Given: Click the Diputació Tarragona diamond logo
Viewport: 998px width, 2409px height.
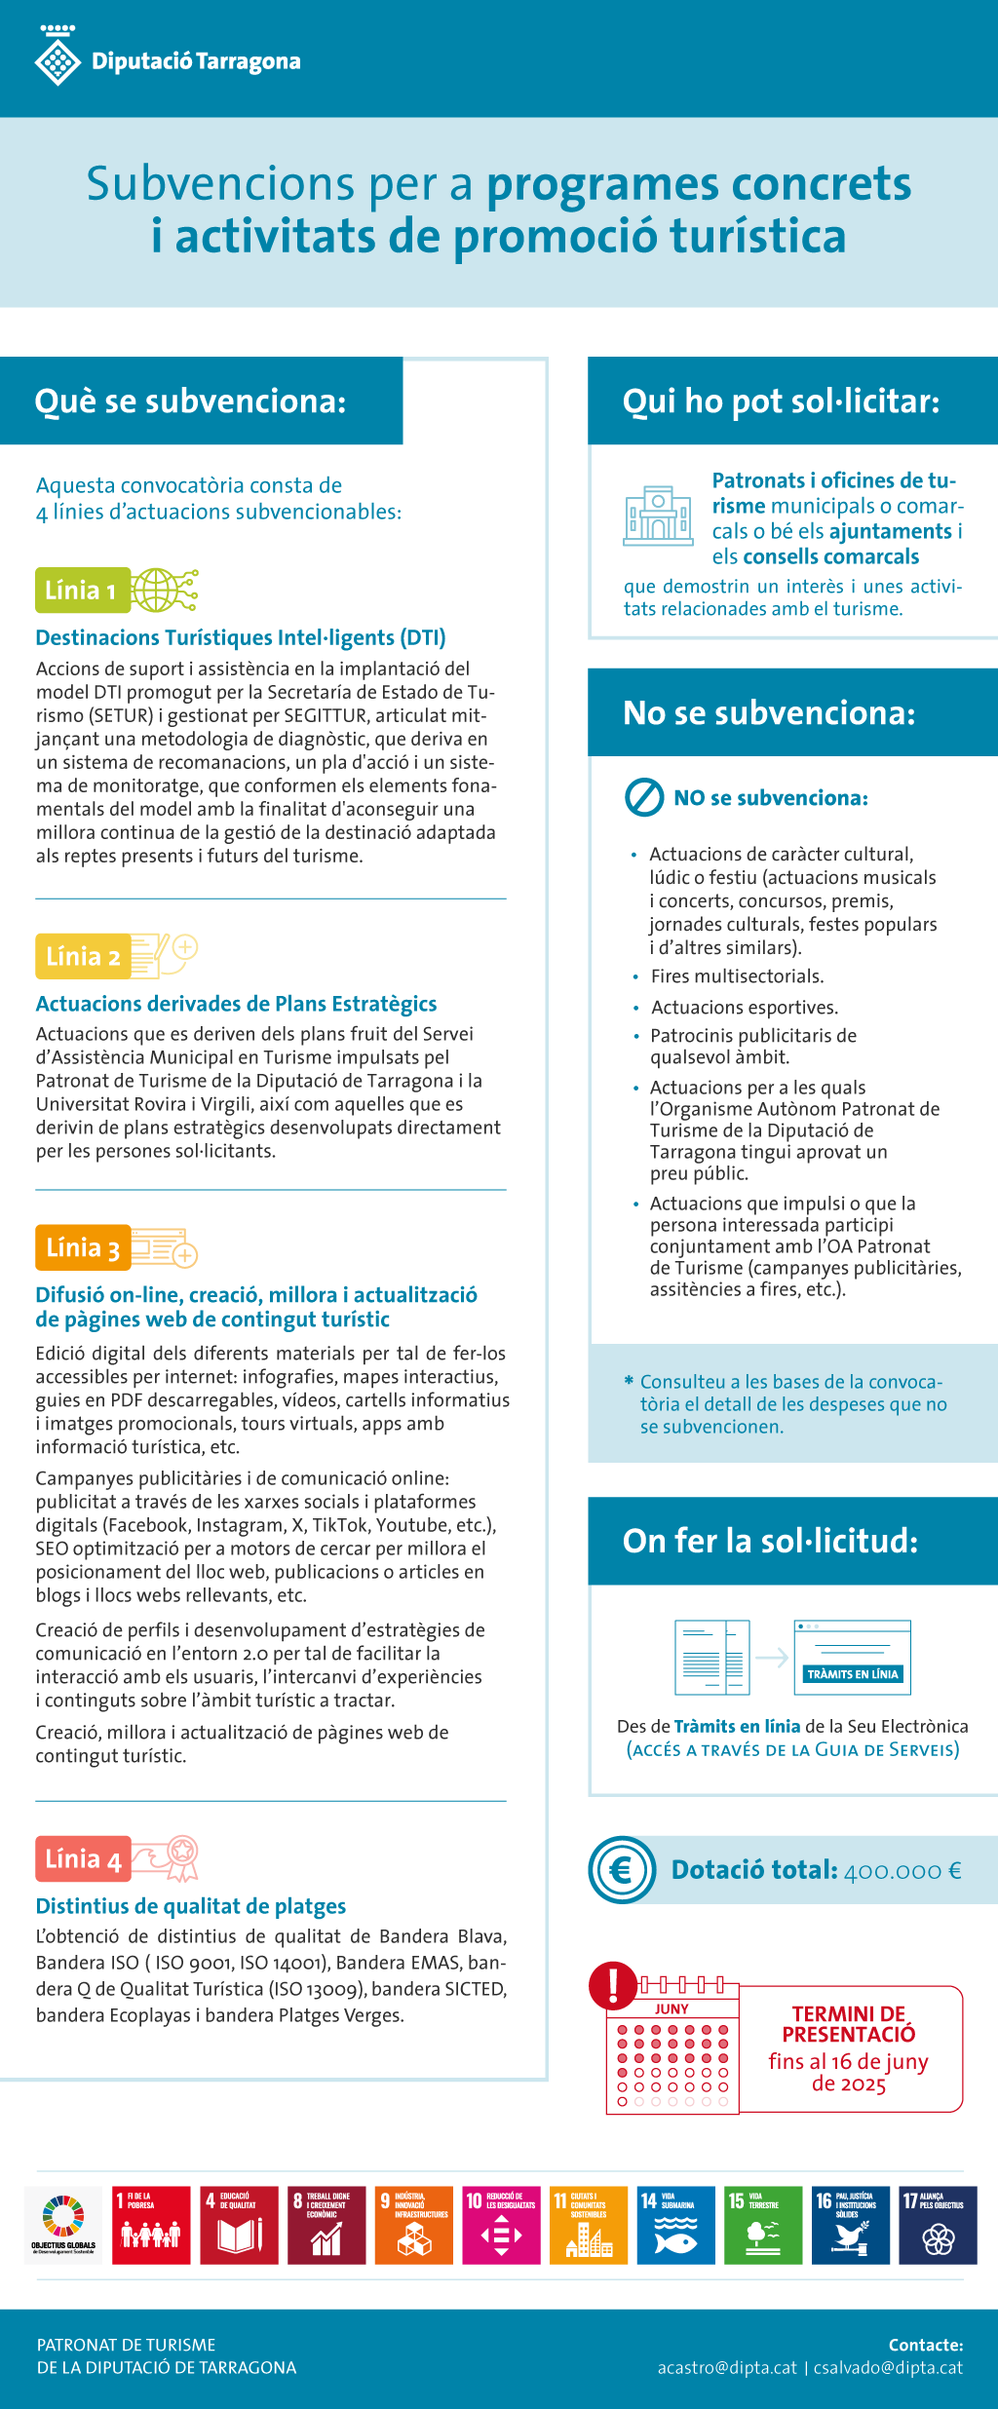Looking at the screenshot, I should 58,59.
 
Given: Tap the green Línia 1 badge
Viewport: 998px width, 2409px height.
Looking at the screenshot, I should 82,591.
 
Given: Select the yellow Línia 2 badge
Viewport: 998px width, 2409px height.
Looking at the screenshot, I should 82,957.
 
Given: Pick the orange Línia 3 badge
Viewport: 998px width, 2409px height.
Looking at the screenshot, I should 83,1248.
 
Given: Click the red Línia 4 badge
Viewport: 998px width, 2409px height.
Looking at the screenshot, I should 83,1859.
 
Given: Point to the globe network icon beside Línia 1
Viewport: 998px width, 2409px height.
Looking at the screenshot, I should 165,590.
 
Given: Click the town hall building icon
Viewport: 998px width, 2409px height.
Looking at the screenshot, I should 658,516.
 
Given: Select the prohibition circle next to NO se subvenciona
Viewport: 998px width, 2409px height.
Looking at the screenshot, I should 644,797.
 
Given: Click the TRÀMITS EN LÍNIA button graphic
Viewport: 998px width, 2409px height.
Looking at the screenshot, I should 853,1674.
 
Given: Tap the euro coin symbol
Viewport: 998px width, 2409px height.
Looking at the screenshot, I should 622,1870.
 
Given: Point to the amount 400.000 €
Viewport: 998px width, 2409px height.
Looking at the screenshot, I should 902,1871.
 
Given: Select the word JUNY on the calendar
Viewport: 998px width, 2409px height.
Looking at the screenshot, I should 672,2009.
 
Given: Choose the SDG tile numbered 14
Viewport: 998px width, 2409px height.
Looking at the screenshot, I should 675,2226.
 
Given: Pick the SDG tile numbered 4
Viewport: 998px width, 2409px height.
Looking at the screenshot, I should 239,2226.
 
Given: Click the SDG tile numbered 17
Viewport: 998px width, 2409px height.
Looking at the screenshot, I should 938,2226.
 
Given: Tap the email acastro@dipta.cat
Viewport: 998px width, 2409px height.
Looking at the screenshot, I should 727,2368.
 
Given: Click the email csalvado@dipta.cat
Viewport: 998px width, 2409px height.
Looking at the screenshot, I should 888,2368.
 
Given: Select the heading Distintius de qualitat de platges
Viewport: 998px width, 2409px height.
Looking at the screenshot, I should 191,1906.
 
